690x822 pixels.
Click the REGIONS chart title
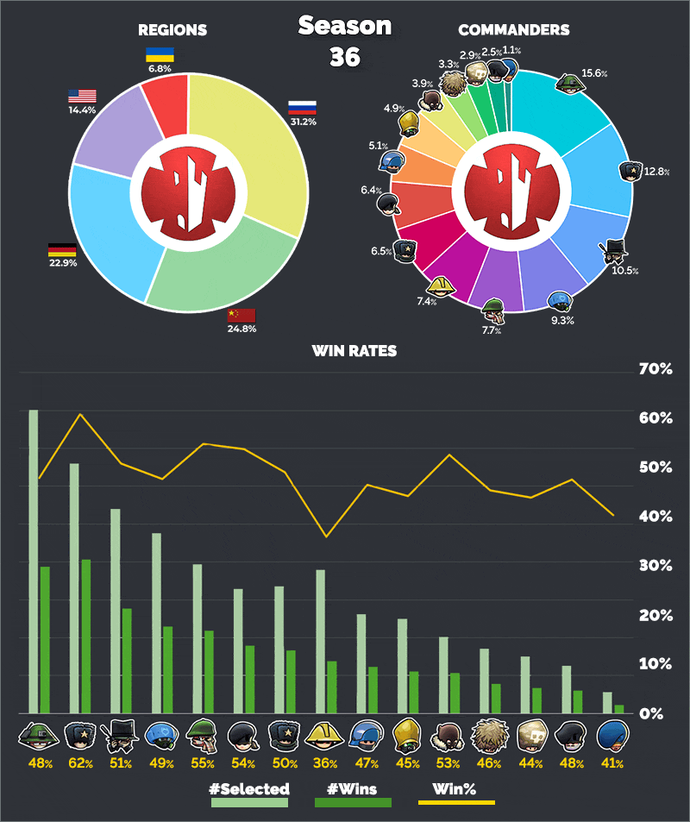(x=172, y=30)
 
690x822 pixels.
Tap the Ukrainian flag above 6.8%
(x=160, y=54)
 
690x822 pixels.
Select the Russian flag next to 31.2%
(x=302, y=108)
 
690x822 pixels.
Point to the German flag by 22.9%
(x=61, y=251)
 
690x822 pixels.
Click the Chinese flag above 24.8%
(x=241, y=315)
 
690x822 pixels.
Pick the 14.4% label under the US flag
(x=83, y=111)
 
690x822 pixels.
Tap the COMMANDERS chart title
(x=513, y=30)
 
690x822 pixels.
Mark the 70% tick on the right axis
(x=655, y=369)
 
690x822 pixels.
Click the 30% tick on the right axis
(x=655, y=566)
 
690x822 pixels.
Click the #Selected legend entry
(x=249, y=788)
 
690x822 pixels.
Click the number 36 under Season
(x=345, y=57)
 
